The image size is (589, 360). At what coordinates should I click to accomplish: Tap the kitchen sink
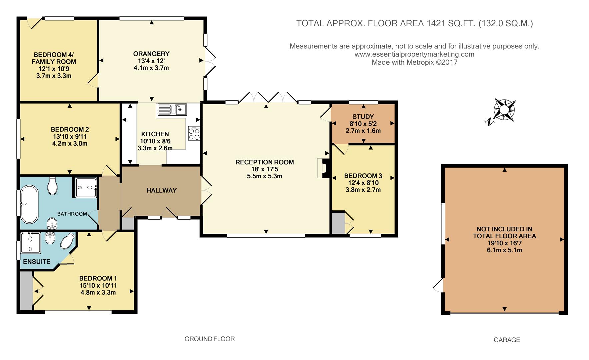(172, 110)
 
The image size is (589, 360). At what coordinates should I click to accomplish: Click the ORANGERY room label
(151, 54)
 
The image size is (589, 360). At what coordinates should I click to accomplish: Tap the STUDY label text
(363, 117)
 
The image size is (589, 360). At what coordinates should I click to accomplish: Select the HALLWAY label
(161, 190)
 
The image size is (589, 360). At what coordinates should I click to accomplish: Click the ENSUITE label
(37, 262)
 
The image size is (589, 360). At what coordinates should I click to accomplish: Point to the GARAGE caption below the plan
(507, 340)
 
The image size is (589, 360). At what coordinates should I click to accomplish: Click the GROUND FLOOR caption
(210, 339)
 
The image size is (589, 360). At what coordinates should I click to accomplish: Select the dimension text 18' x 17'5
(264, 169)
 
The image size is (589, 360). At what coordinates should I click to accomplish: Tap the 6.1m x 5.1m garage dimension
(504, 250)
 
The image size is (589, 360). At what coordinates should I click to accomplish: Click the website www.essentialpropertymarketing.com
(414, 54)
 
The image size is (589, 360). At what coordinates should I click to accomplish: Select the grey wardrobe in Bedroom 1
(26, 291)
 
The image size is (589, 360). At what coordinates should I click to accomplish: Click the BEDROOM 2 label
(70, 129)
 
